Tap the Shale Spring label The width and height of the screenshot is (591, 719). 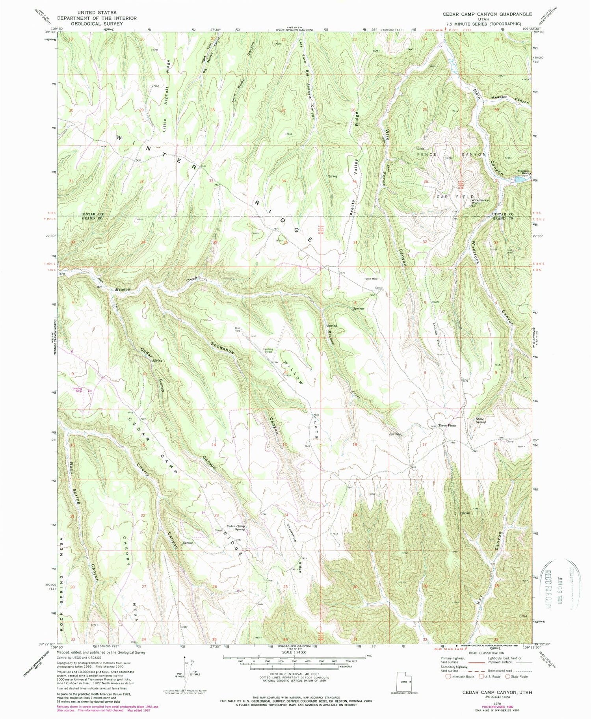(x=480, y=420)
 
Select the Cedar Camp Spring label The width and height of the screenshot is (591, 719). (x=236, y=528)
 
